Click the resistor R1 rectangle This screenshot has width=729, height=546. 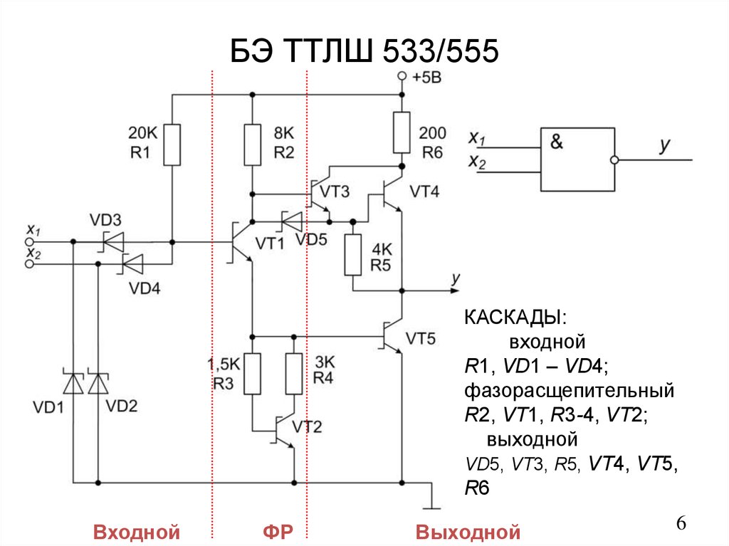(x=172, y=145)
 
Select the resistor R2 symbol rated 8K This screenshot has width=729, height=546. (x=253, y=145)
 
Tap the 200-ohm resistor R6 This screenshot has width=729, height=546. (x=402, y=132)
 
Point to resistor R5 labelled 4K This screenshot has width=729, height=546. (x=353, y=256)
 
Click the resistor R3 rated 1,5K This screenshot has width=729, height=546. (x=253, y=373)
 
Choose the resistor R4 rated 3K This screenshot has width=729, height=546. (x=293, y=373)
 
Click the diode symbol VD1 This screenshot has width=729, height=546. (x=73, y=383)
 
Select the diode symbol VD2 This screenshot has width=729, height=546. (x=98, y=383)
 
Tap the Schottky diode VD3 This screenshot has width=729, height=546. (x=112, y=242)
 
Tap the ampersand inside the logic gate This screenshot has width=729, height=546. (x=555, y=142)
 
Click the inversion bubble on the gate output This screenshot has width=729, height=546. (x=619, y=160)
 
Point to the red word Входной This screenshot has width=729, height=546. (x=135, y=531)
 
